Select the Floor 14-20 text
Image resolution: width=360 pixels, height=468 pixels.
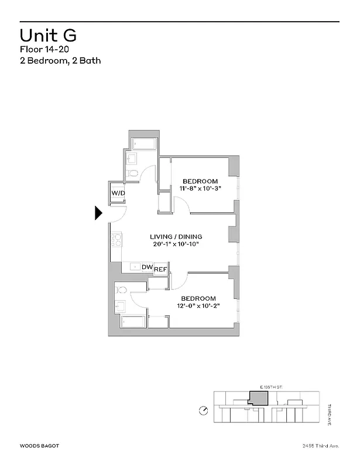pyautogui.click(x=44, y=50)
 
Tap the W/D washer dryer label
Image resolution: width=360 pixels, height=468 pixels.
pyautogui.click(x=118, y=193)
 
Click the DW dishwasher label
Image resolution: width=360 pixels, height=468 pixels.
pyautogui.click(x=146, y=267)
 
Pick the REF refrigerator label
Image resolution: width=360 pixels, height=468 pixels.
pyautogui.click(x=161, y=270)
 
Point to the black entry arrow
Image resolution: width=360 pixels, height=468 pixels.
pyautogui.click(x=99, y=214)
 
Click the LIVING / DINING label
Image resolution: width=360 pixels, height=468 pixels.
pyautogui.click(x=176, y=236)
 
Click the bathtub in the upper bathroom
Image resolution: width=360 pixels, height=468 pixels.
pyautogui.click(x=143, y=143)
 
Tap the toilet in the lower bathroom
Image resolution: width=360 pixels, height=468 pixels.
pyautogui.click(x=121, y=289)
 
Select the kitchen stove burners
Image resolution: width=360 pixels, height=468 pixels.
pyautogui.click(x=116, y=239)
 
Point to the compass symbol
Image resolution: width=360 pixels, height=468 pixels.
pyautogui.click(x=203, y=411)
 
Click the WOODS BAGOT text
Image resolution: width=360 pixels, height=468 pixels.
pyautogui.click(x=39, y=446)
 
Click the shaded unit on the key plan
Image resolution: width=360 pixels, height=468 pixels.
pyautogui.click(x=259, y=398)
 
